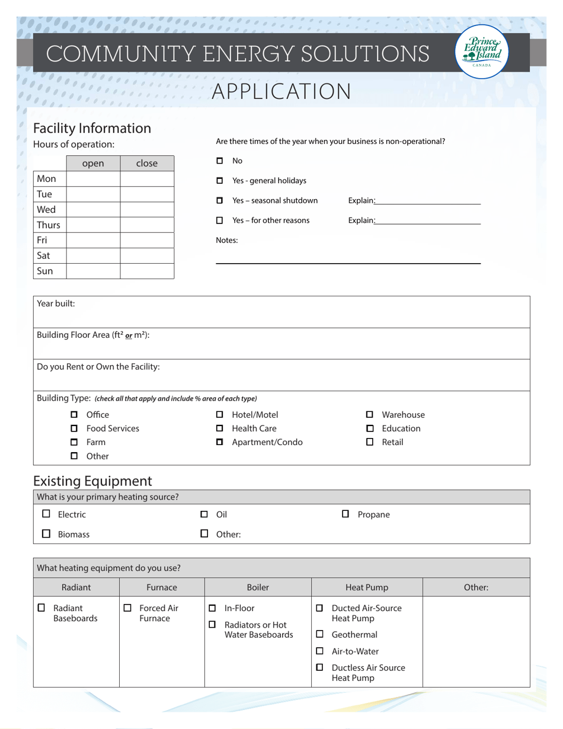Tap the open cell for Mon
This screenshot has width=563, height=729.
[x=93, y=179]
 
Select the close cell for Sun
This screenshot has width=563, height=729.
[x=147, y=271]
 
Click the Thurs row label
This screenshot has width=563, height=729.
[x=49, y=225]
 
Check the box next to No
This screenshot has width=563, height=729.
[x=219, y=161]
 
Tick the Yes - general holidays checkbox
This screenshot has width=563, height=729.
[x=219, y=181]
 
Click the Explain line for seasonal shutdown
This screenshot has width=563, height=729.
[x=427, y=202]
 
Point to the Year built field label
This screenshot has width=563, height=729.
[x=56, y=303]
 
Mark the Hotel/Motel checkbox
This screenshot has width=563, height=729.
[x=219, y=415]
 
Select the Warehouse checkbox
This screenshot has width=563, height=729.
[x=370, y=415]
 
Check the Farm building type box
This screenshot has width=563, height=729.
[x=74, y=442]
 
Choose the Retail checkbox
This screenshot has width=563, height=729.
[x=370, y=442]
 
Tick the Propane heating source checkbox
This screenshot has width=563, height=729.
[x=346, y=514]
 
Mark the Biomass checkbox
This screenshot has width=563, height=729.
[x=46, y=534]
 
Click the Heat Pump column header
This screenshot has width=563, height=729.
[x=367, y=587]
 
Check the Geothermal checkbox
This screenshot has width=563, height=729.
[x=319, y=635]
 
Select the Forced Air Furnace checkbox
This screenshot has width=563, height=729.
[x=127, y=608]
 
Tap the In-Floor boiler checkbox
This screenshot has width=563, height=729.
[x=212, y=608]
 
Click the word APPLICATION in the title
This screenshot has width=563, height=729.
[x=281, y=92]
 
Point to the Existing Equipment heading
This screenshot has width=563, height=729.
[x=92, y=481]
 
